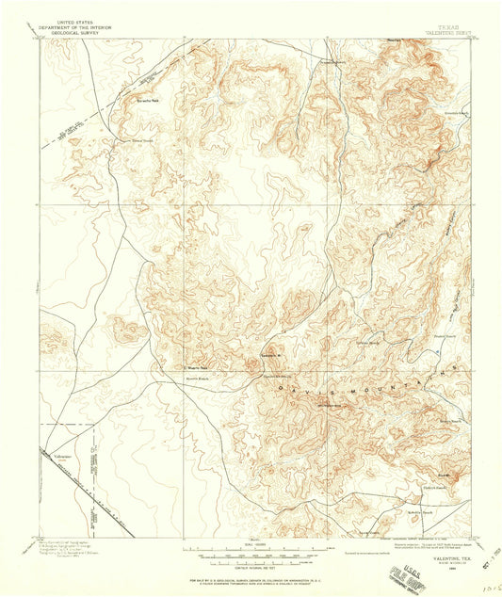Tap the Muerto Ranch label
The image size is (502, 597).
pos(196,379)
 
